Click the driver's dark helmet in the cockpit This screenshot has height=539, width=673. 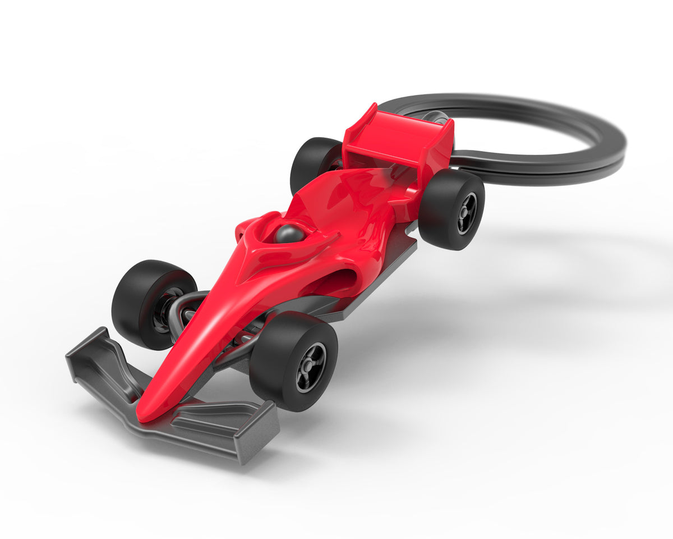pos(289,234)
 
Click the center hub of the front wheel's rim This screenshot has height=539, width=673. pos(310,367)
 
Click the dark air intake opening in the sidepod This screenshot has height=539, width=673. pos(342,280)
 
